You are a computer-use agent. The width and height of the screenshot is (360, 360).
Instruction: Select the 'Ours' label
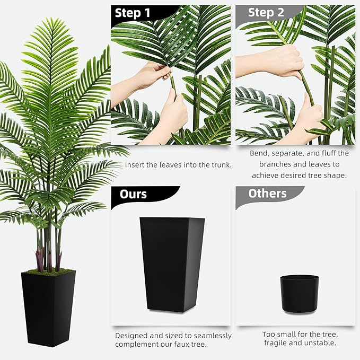coord(133,194)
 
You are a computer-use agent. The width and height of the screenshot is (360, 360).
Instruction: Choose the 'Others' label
coord(267,194)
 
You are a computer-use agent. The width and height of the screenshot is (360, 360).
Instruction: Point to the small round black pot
coord(299,293)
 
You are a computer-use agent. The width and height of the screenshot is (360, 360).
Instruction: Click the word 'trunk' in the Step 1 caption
coord(218,165)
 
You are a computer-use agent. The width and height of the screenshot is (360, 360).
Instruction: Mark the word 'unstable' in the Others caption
coord(320,343)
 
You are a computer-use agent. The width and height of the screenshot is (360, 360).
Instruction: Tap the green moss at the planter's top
coord(48,271)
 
